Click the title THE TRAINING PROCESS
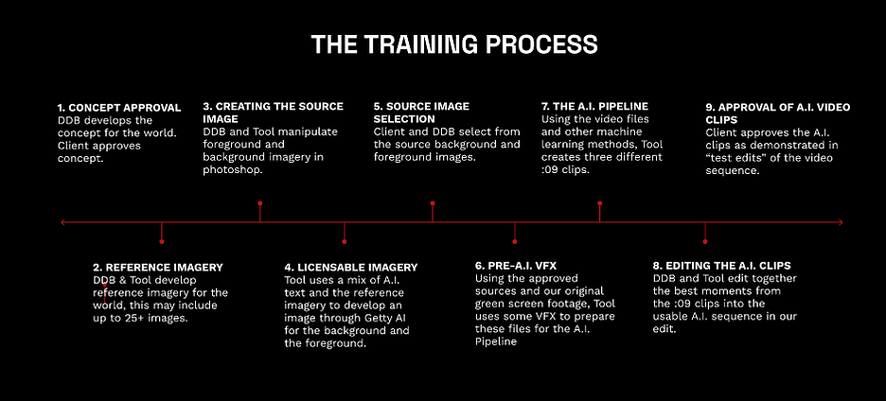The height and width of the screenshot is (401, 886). [454, 44]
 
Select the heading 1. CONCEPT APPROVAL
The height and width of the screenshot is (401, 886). [119, 107]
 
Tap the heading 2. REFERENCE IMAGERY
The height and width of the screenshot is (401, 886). [158, 267]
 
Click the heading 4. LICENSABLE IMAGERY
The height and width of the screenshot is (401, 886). [351, 267]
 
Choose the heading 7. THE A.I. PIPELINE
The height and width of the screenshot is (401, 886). [595, 106]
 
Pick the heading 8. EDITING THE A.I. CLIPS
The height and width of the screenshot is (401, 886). [721, 266]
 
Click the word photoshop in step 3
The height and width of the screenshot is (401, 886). [232, 170]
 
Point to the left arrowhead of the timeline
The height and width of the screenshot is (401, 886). [62, 222]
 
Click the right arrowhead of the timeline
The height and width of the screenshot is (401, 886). [841, 222]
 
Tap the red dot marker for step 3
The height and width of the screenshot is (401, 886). [260, 202]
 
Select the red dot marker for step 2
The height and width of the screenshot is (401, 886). [162, 242]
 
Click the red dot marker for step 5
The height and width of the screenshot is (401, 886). [433, 202]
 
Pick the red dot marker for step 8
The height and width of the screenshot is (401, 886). [705, 242]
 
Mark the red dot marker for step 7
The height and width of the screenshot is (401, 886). [599, 202]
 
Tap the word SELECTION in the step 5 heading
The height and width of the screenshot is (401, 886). [404, 119]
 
